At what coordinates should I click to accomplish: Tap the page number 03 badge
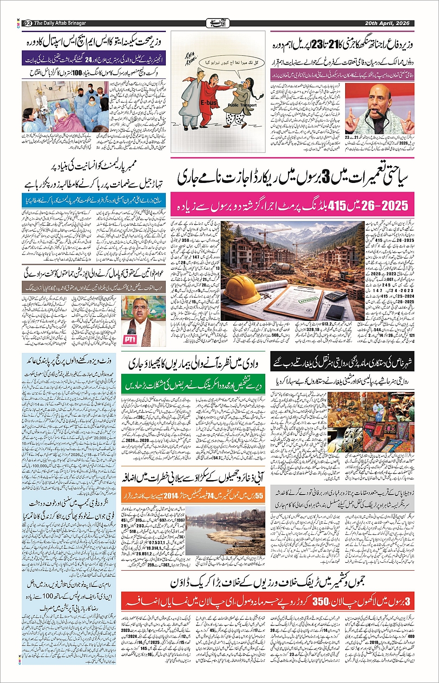[x=27, y=23]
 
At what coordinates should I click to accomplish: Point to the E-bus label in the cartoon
[x=208, y=103]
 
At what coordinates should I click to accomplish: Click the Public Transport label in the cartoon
[x=242, y=105]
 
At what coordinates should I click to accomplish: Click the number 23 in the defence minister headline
[x=318, y=46]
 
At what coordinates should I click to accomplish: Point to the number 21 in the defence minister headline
[x=343, y=46]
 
